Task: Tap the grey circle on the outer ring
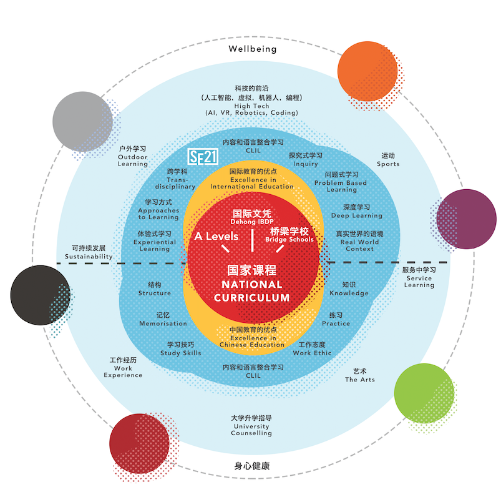[x=82, y=121]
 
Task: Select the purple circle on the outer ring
[x=466, y=219]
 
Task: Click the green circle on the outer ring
[x=424, y=391]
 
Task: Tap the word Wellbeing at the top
[x=252, y=49]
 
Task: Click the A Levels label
[x=216, y=236]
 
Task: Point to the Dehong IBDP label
[x=251, y=217]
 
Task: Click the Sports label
[x=388, y=160]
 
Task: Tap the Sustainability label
[x=89, y=252]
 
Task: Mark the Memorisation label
[x=163, y=320]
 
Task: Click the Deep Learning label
[x=357, y=212]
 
